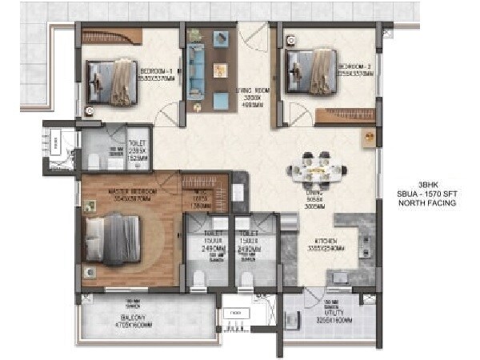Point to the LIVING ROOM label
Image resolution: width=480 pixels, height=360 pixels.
(254, 92)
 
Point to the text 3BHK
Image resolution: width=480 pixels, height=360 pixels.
(428, 184)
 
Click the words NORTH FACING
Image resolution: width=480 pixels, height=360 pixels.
(428, 204)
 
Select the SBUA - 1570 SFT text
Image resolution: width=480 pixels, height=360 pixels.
(428, 194)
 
